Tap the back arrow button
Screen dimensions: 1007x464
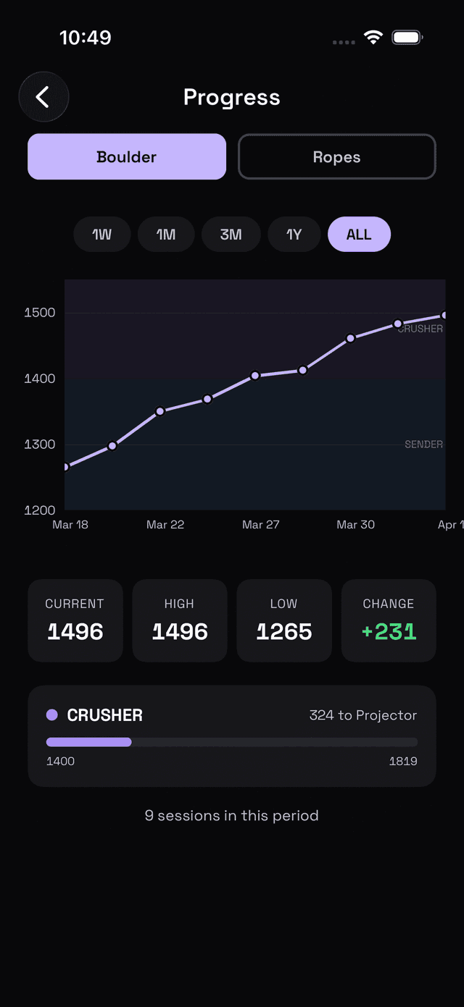pyautogui.click(x=43, y=97)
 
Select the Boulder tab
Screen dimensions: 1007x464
pyautogui.click(x=127, y=156)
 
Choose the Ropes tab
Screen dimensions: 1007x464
pyautogui.click(x=336, y=156)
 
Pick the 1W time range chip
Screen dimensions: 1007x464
pyautogui.click(x=102, y=235)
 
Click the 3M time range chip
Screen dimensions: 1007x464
pyautogui.click(x=231, y=235)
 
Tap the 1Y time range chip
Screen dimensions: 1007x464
pyautogui.click(x=294, y=235)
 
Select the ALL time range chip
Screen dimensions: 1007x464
pyautogui.click(x=359, y=235)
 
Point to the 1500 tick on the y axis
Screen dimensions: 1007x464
pyautogui.click(x=40, y=313)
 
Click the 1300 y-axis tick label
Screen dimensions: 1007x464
pyautogui.click(x=40, y=444)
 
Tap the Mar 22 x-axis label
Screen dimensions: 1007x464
pyautogui.click(x=165, y=525)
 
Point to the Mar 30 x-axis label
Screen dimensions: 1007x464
pyautogui.click(x=355, y=525)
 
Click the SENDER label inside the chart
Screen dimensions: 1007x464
pyautogui.click(x=423, y=444)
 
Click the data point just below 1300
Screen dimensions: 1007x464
pyautogui.click(x=112, y=446)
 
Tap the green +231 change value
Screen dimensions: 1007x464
pyautogui.click(x=389, y=632)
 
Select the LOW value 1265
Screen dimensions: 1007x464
pyautogui.click(x=283, y=632)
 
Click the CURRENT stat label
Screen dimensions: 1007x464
pyautogui.click(x=75, y=604)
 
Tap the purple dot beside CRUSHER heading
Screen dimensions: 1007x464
pyautogui.click(x=52, y=715)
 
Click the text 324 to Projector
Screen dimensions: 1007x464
pyautogui.click(x=362, y=715)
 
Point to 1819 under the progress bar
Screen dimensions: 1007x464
pyautogui.click(x=403, y=761)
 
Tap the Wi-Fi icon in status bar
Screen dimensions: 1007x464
pyautogui.click(x=373, y=38)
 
